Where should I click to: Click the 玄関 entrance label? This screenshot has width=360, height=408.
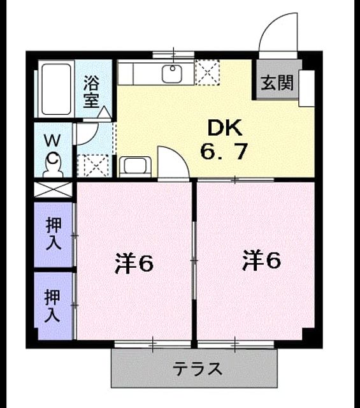[x=277, y=83]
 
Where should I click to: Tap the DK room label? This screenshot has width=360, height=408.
[x=225, y=127]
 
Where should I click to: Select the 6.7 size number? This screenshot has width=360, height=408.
[x=224, y=152]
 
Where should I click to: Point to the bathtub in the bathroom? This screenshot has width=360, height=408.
[x=56, y=89]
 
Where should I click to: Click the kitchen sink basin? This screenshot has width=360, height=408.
[x=172, y=74]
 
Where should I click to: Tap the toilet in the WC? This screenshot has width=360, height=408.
[x=54, y=164]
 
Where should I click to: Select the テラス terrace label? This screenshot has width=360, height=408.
[x=198, y=368]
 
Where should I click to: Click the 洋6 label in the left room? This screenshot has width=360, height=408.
[x=134, y=263]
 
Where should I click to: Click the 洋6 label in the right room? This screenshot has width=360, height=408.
[x=261, y=260]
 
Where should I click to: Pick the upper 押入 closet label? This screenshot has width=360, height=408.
[x=54, y=234]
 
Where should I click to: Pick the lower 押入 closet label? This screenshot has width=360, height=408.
[x=52, y=305]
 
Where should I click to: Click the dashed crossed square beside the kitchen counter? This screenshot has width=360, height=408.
[x=208, y=73]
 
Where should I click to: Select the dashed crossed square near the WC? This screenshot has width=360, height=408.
[x=93, y=166]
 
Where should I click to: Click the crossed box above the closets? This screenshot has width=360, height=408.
[x=54, y=190]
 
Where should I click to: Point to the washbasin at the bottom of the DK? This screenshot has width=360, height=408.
[x=135, y=166]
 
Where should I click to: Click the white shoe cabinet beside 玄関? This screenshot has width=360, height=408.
[x=306, y=88]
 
